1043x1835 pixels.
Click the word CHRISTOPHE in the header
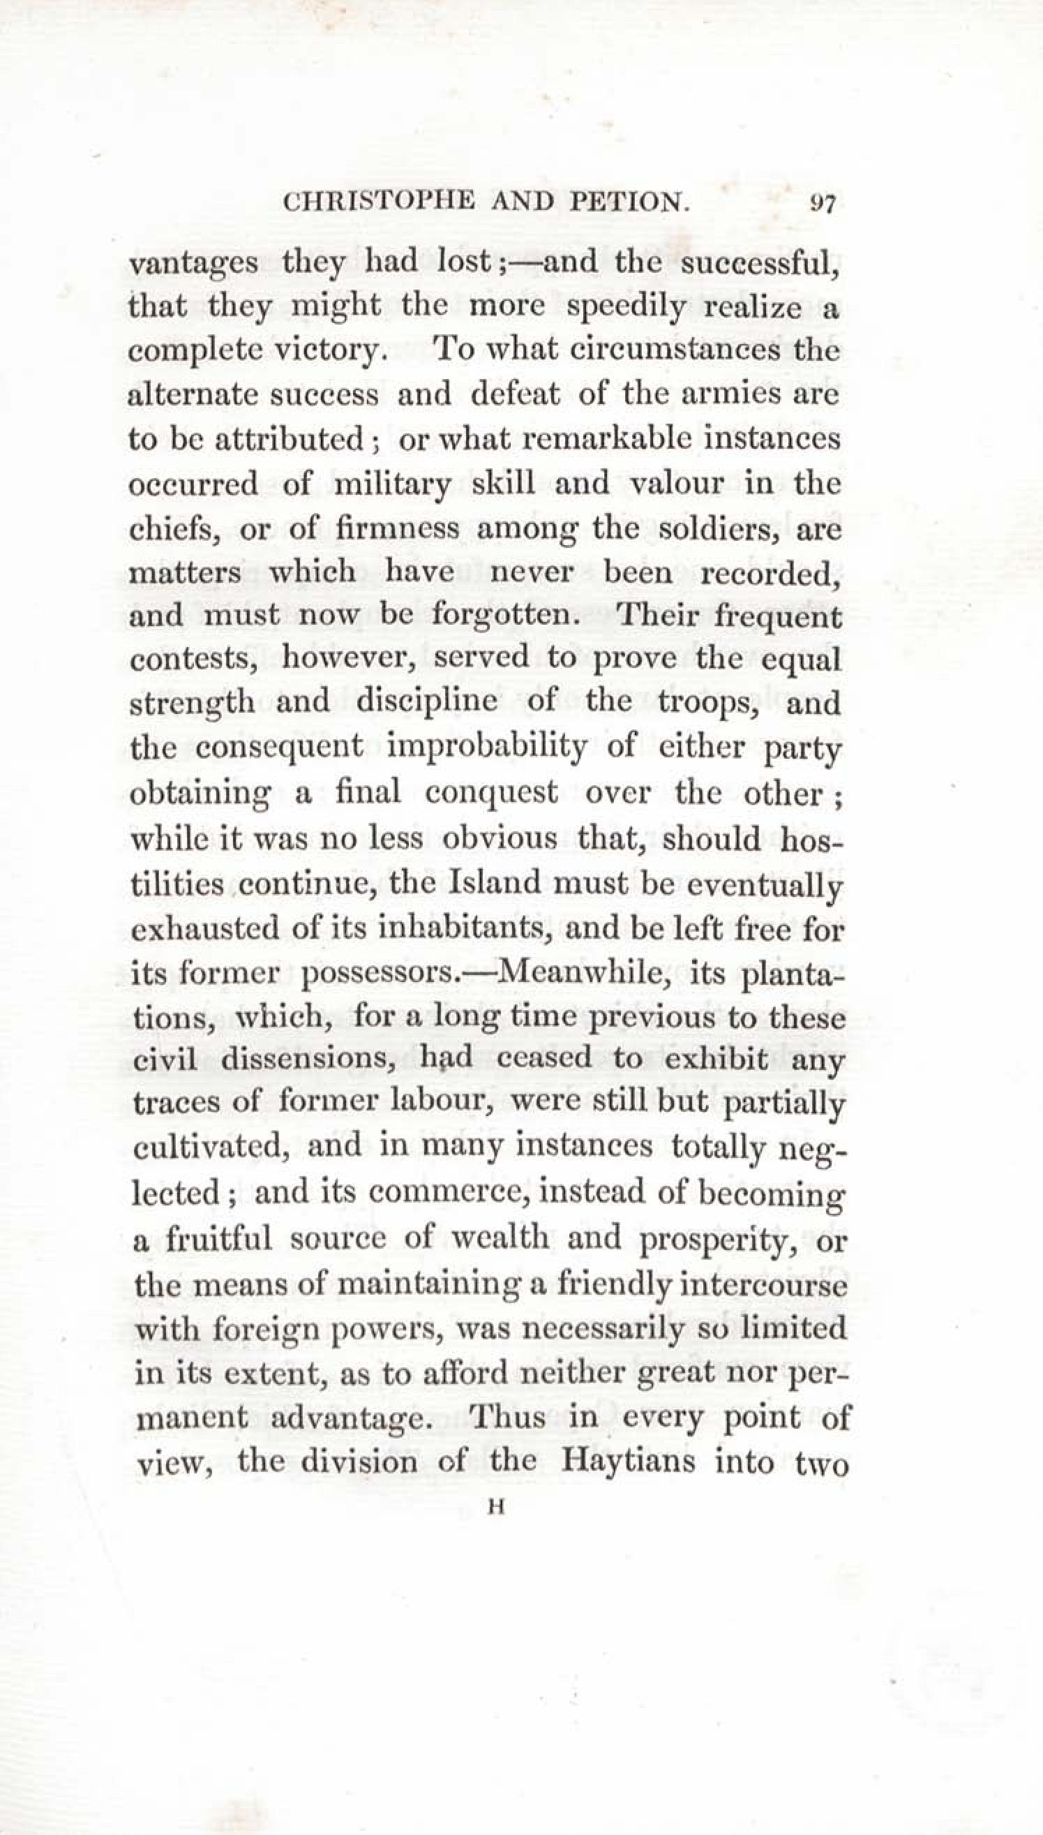[379, 203]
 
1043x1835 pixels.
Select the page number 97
[823, 205]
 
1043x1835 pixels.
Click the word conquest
[491, 792]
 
